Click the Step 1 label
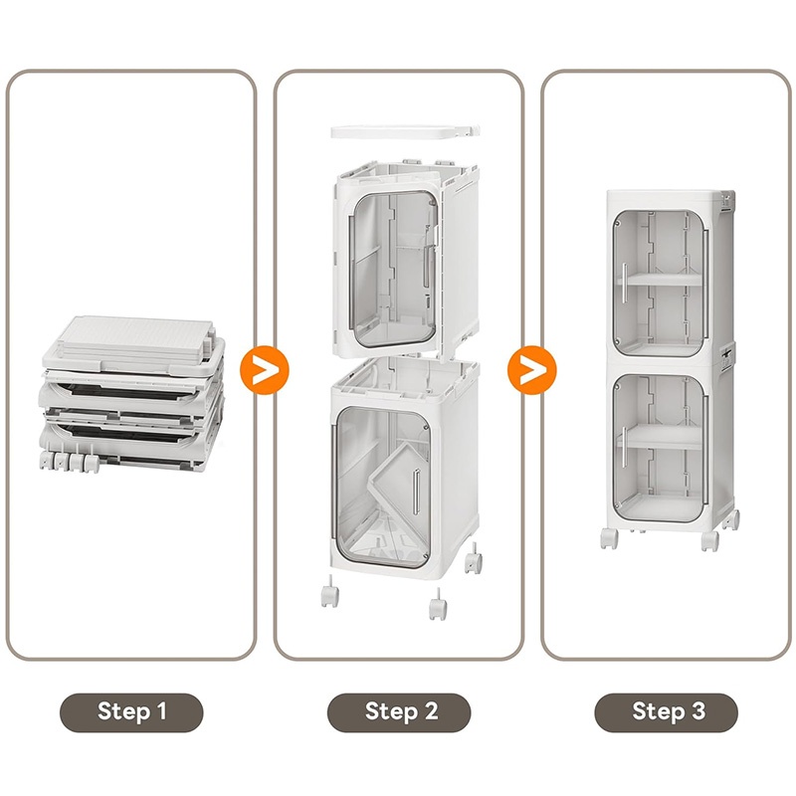pyautogui.click(x=131, y=711)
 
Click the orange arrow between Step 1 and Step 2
pyautogui.click(x=264, y=369)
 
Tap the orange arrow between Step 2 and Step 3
pyautogui.click(x=531, y=369)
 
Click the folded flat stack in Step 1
pyautogui.click(x=132, y=394)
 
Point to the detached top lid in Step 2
pyautogui.click(x=405, y=131)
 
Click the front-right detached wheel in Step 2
pyautogui.click(x=438, y=604)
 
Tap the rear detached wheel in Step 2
pyautogui.click(x=474, y=558)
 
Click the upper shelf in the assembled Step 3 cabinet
pyautogui.click(x=661, y=280)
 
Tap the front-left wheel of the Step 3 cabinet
pyautogui.click(x=609, y=538)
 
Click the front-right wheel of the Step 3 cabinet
pyautogui.click(x=709, y=541)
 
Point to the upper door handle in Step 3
pyautogui.click(x=626, y=283)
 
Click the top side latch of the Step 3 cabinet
pyautogui.click(x=727, y=202)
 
